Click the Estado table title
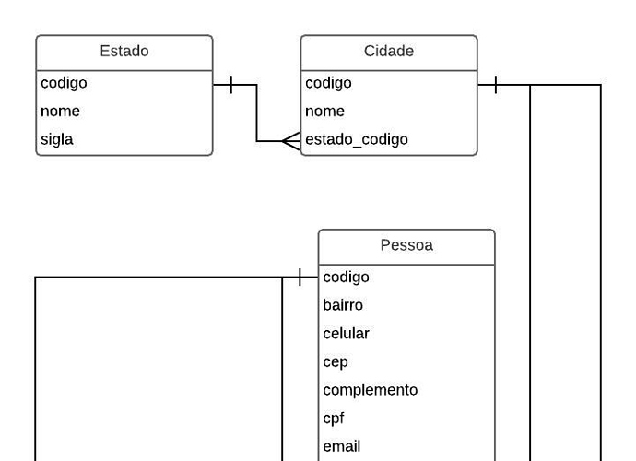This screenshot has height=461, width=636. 124,52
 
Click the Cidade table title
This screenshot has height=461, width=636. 388,52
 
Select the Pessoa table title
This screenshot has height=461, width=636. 406,245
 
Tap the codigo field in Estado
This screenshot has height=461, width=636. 64,83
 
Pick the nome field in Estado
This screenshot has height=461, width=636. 60,112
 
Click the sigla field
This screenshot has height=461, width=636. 57,140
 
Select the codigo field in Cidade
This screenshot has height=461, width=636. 328,83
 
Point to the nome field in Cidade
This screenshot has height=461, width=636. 324,112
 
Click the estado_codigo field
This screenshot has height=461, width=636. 356,140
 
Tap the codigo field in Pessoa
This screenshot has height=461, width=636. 346,277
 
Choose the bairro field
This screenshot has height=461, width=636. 343,305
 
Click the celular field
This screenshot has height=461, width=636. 346,334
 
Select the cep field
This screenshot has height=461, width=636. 336,362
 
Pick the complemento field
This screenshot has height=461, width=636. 370,390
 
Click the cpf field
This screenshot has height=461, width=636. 334,419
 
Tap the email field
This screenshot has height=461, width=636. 341,447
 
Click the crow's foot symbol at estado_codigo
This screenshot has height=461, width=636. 290,141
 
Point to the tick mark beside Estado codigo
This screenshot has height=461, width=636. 230,86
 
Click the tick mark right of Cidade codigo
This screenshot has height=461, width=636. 496,86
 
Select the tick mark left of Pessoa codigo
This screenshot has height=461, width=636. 300,277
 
